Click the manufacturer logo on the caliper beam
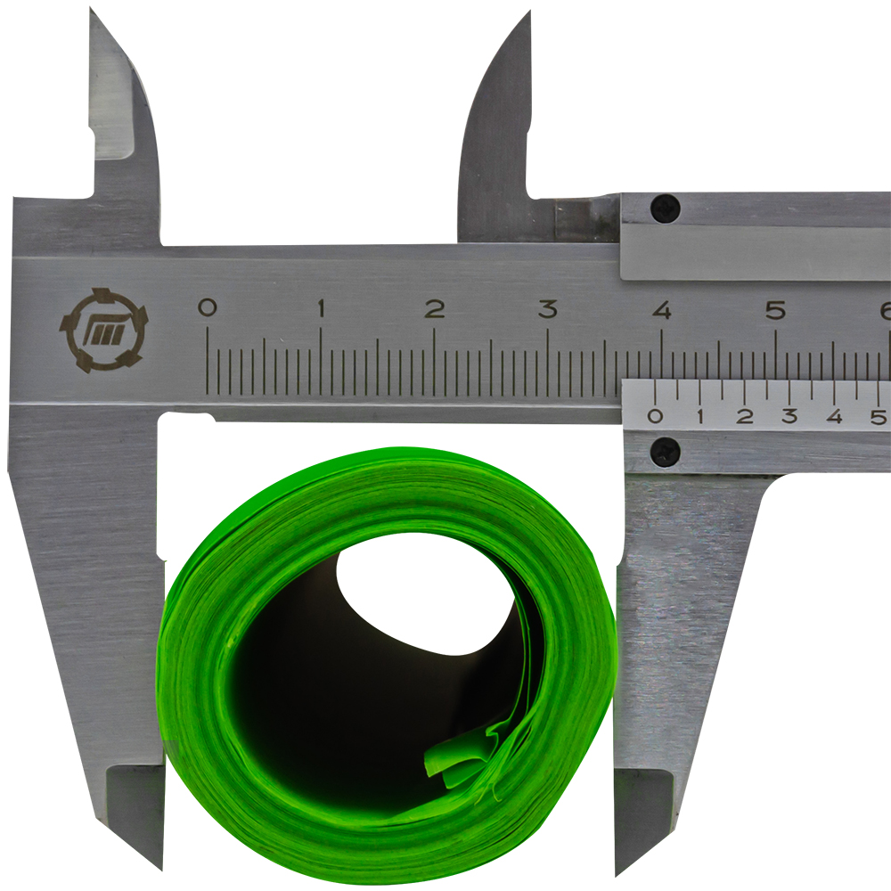pos(103,331)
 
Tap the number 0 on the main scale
pos(207,307)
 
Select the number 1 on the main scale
pos(321,308)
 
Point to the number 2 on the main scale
pos(434,308)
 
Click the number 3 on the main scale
pos(548,308)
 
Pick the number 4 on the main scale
pos(661,310)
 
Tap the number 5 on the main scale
pos(775,310)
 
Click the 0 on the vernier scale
pos(655,416)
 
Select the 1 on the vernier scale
pos(700,416)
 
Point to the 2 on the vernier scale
pos(744,416)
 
